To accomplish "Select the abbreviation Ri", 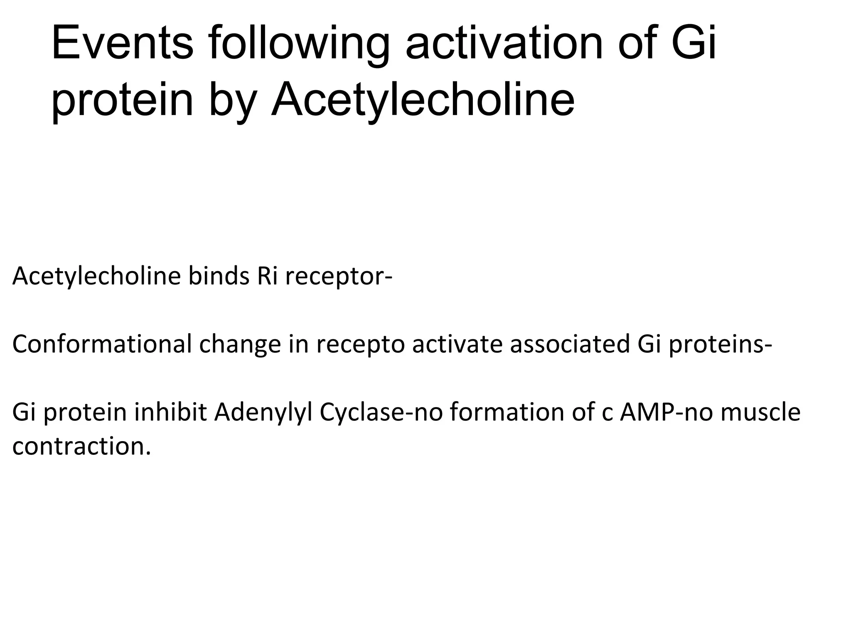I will point(267,276).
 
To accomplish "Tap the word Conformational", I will point(102,344).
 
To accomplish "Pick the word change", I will point(240,345).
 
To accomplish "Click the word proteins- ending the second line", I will point(720,345).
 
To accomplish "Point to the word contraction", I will point(81,446).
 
